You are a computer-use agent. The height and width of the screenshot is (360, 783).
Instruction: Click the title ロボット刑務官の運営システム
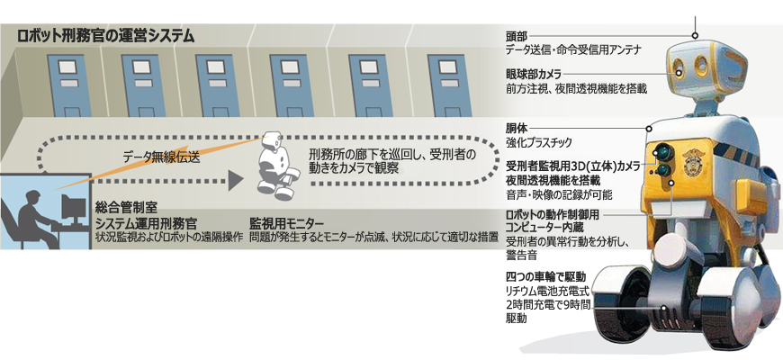[105, 36]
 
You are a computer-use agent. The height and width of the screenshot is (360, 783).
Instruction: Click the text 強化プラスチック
[538, 142]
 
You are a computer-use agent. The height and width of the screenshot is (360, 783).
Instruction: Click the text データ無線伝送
[162, 157]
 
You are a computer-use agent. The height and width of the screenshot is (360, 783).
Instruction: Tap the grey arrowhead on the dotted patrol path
[235, 180]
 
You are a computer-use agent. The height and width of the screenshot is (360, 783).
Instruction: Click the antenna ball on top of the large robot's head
[695, 35]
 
